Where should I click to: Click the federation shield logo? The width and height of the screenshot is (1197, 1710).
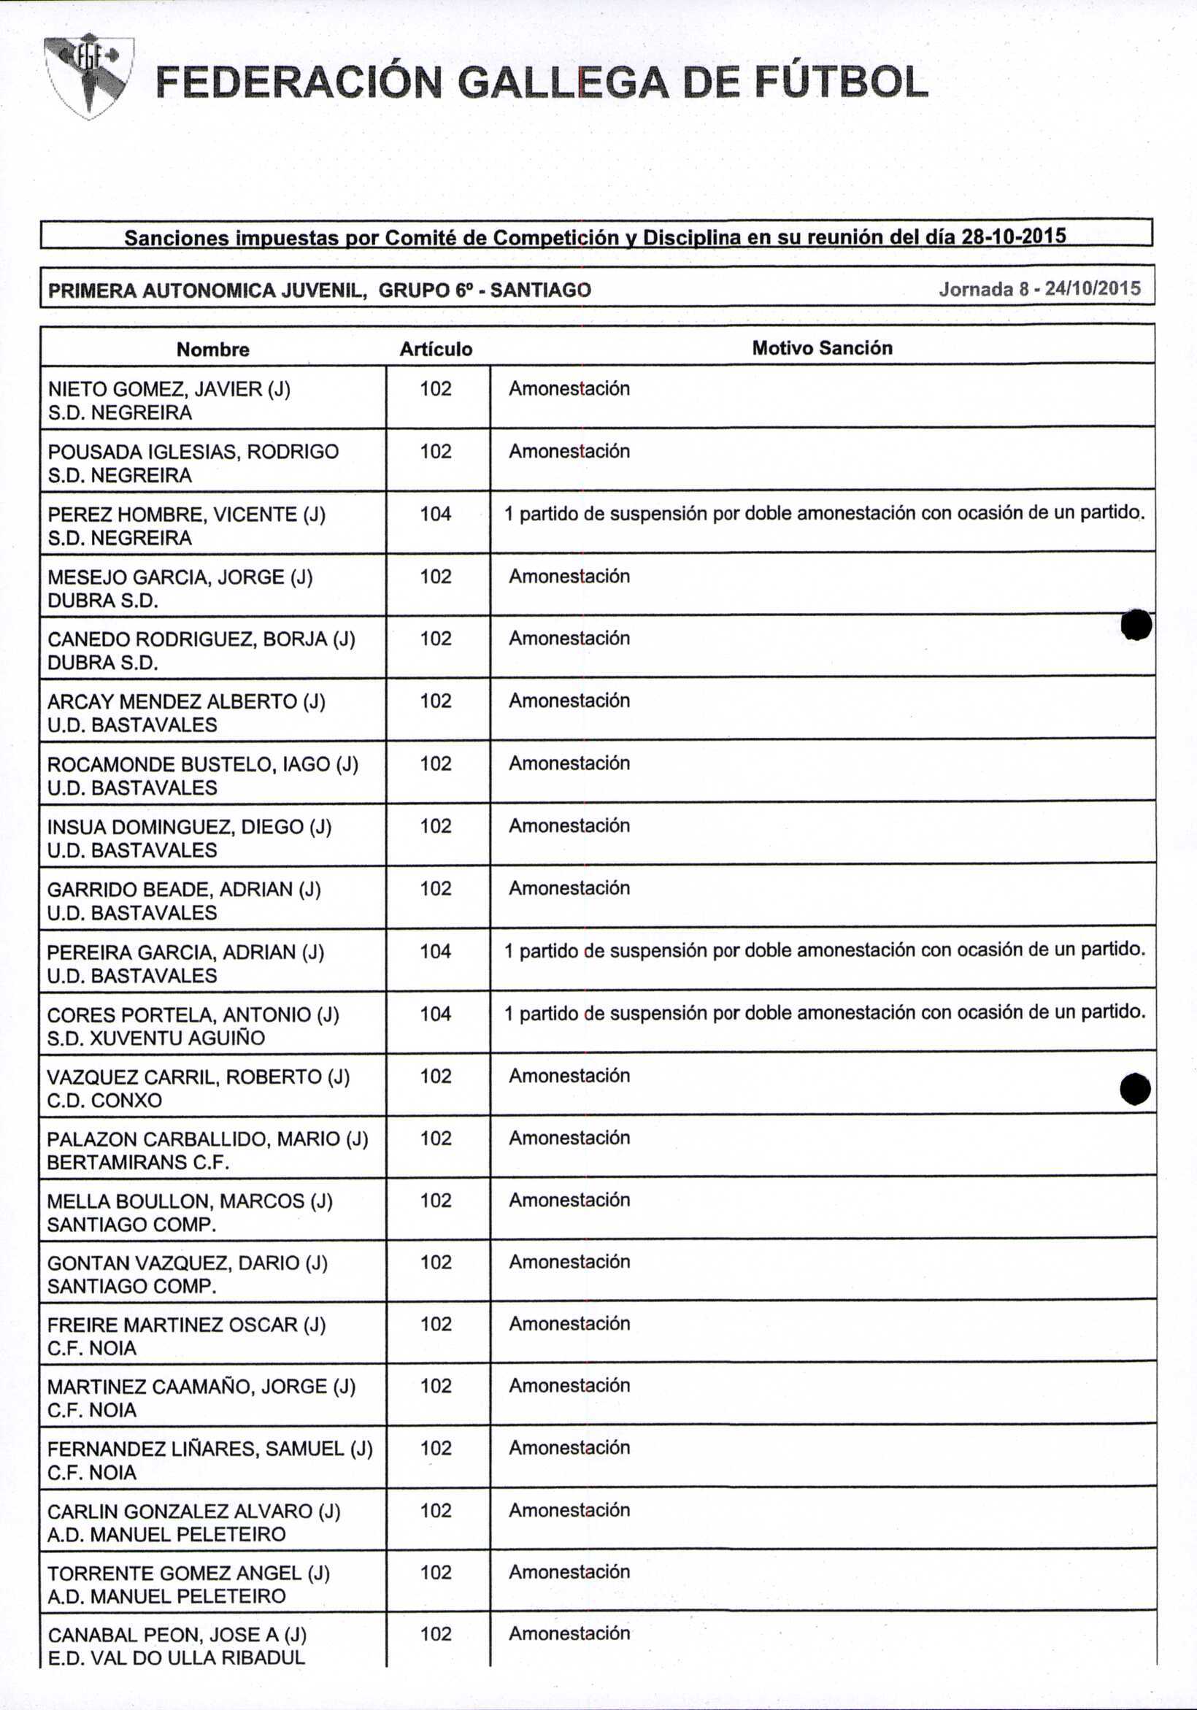88,76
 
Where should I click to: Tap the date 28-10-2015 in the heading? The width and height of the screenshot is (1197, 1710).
1014,237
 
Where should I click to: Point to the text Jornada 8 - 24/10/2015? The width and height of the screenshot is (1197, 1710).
1039,289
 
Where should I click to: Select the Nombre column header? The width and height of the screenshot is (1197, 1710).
213,350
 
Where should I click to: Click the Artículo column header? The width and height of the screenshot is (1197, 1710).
436,350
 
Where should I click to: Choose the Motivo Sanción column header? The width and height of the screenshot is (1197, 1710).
822,348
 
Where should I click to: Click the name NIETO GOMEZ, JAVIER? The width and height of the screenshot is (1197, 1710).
169,389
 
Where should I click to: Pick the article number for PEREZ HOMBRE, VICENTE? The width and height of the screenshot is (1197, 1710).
436,514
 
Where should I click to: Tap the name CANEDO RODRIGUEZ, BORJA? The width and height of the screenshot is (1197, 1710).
201,639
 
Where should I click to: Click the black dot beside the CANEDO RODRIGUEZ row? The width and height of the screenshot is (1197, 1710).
1136,625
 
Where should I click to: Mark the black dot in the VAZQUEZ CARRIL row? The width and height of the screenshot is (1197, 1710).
1135,1089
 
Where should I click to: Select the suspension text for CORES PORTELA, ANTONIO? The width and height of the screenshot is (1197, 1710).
825,1012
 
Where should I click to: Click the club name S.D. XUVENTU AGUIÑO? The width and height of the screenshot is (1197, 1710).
155,1039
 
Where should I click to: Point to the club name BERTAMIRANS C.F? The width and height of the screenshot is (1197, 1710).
138,1163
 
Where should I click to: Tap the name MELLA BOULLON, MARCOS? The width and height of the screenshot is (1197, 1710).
189,1201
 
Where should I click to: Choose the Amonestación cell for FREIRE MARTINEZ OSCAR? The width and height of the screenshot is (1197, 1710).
569,1323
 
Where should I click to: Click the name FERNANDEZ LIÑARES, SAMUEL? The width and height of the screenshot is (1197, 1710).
209,1449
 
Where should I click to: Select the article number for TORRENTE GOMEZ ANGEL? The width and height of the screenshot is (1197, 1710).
436,1572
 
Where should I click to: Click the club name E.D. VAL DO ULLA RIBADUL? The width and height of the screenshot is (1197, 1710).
177,1658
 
